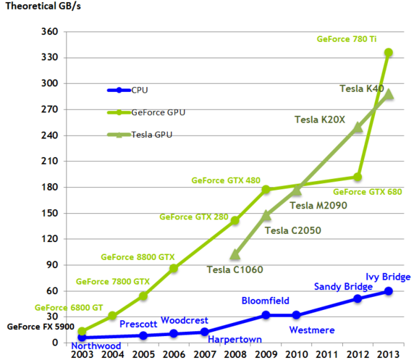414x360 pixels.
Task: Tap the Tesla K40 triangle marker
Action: (388, 94)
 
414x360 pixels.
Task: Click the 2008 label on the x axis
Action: (235, 353)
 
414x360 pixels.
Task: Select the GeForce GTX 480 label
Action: (226, 180)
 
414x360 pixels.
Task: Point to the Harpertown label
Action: (235, 338)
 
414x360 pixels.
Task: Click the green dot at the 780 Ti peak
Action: (388, 52)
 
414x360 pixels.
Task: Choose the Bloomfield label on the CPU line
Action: (265, 301)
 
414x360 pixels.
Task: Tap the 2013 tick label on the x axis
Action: (389, 353)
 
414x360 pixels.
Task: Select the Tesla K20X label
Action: (319, 120)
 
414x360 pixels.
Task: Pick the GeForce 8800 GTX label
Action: (138, 256)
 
